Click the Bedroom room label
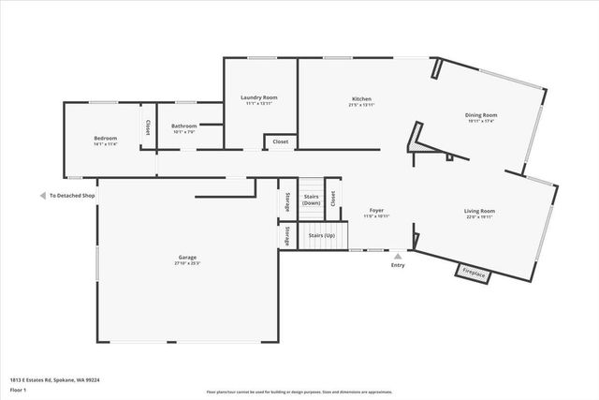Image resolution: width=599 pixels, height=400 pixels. coord(105,138)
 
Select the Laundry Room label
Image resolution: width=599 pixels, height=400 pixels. coord(258,97)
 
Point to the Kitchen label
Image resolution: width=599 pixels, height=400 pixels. coord(361,98)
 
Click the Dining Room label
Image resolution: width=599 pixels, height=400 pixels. coord(481,115)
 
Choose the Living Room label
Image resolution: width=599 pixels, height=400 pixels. coord(479,211)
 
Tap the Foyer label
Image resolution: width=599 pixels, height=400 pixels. coord(376,211)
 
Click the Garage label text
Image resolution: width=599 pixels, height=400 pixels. coord(188,258)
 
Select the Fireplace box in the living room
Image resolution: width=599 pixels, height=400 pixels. coord(473,274)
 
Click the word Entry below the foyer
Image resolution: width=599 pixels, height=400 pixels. coord(399,265)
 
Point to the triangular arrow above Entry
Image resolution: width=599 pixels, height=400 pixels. coord(399,255)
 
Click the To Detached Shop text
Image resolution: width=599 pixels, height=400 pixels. coord(73,195)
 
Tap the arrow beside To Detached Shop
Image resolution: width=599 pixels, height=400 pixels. coord(42,195)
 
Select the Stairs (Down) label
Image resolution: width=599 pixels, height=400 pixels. coord(312,200)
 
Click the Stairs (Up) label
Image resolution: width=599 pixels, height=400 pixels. coord(323,236)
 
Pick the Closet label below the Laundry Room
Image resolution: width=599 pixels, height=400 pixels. coord(281,142)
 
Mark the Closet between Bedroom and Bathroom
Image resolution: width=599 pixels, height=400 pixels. coord(147,126)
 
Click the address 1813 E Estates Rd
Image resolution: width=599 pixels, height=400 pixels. coord(54,380)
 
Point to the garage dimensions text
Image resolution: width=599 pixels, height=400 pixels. coord(188,264)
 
